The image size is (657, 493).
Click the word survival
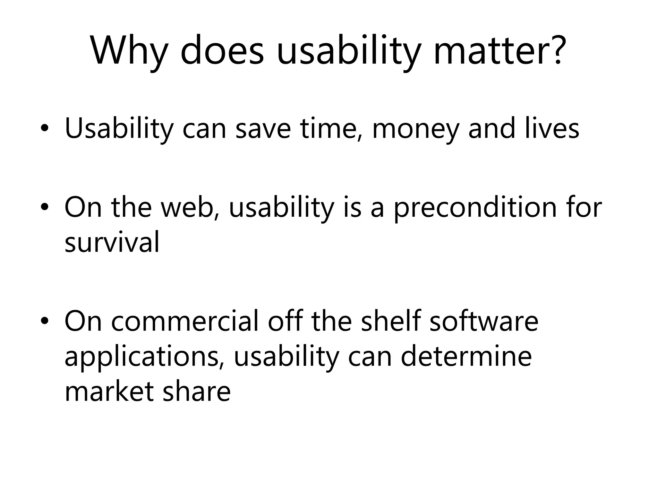tap(112, 242)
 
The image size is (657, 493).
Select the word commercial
tap(185, 321)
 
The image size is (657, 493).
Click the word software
tap(484, 321)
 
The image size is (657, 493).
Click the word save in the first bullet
tap(263, 129)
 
